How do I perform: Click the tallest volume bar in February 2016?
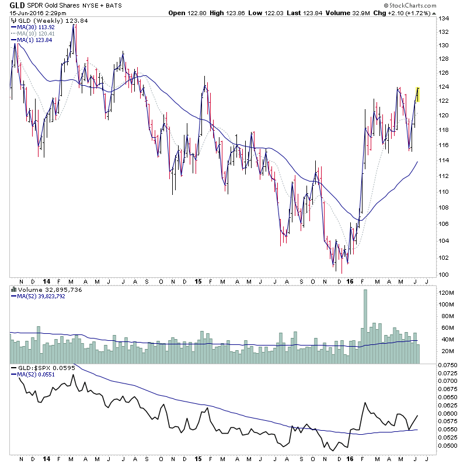pyautogui.click(x=365, y=327)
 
